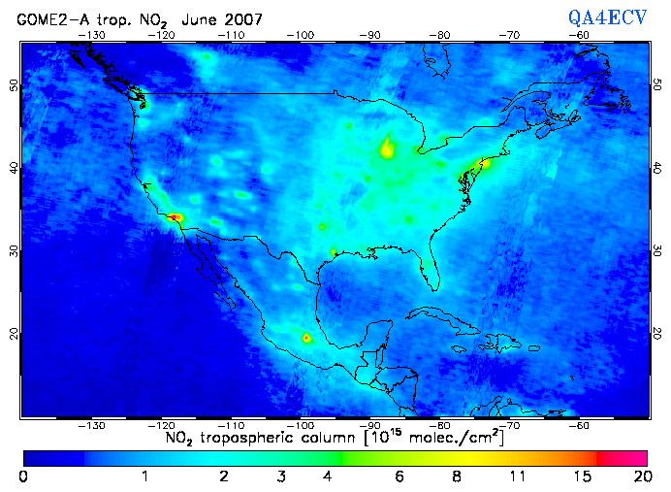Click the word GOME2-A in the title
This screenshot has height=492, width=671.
(49, 18)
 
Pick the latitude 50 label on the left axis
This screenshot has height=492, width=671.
(12, 85)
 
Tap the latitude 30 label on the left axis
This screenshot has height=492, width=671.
(12, 250)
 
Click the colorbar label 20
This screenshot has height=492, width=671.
(640, 476)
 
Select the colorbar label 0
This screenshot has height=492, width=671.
(23, 476)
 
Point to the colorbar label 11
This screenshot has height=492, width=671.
(521, 476)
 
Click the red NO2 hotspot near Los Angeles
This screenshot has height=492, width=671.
(175, 217)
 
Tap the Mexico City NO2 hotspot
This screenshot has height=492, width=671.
(307, 339)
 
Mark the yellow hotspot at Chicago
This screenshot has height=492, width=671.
(388, 148)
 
